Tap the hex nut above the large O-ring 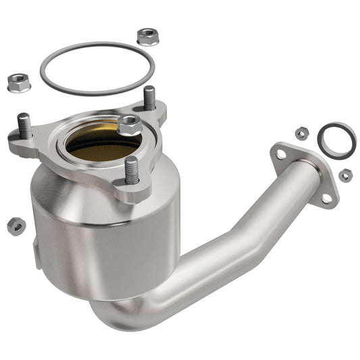(x=147, y=36)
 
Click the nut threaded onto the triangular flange (x=128, y=124)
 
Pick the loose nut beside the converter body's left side (x=16, y=226)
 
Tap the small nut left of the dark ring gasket (x=302, y=133)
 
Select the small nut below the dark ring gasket (x=345, y=176)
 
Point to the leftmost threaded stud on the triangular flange (x=24, y=126)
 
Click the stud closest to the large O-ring (x=149, y=98)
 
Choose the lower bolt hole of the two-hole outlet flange (x=327, y=198)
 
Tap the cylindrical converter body (x=101, y=236)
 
